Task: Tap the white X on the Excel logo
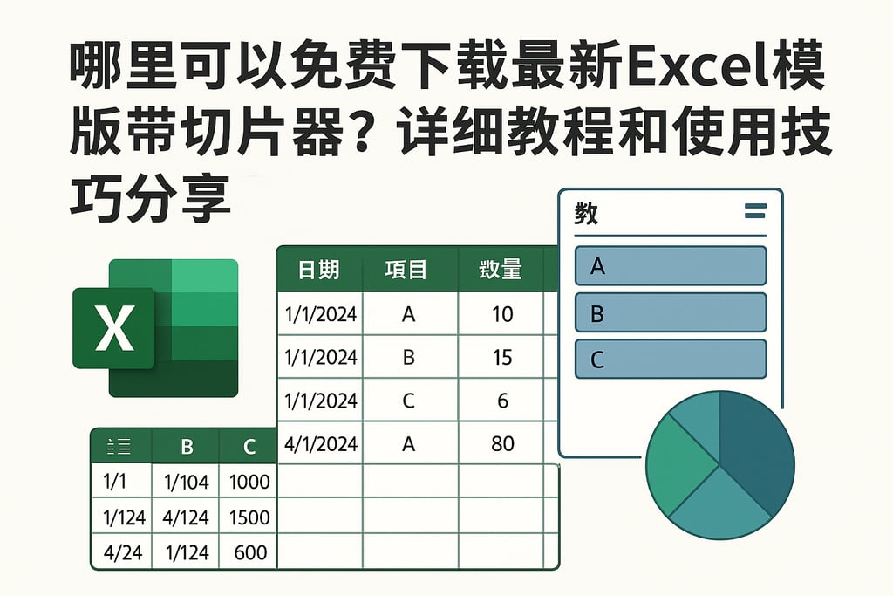pos(114,328)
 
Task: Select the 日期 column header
pos(319,270)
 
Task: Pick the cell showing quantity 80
pos(502,443)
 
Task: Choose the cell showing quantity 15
pos(502,357)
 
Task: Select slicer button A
pos(671,266)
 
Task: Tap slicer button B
pos(671,312)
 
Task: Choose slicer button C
pos(671,359)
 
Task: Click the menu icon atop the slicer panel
pos(755,210)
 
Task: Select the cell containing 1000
pos(249,482)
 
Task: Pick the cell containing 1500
pos(249,517)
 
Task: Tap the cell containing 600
pos(249,552)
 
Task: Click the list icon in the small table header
pos(119,448)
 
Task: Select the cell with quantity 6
pos(502,401)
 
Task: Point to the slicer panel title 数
pos(586,213)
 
